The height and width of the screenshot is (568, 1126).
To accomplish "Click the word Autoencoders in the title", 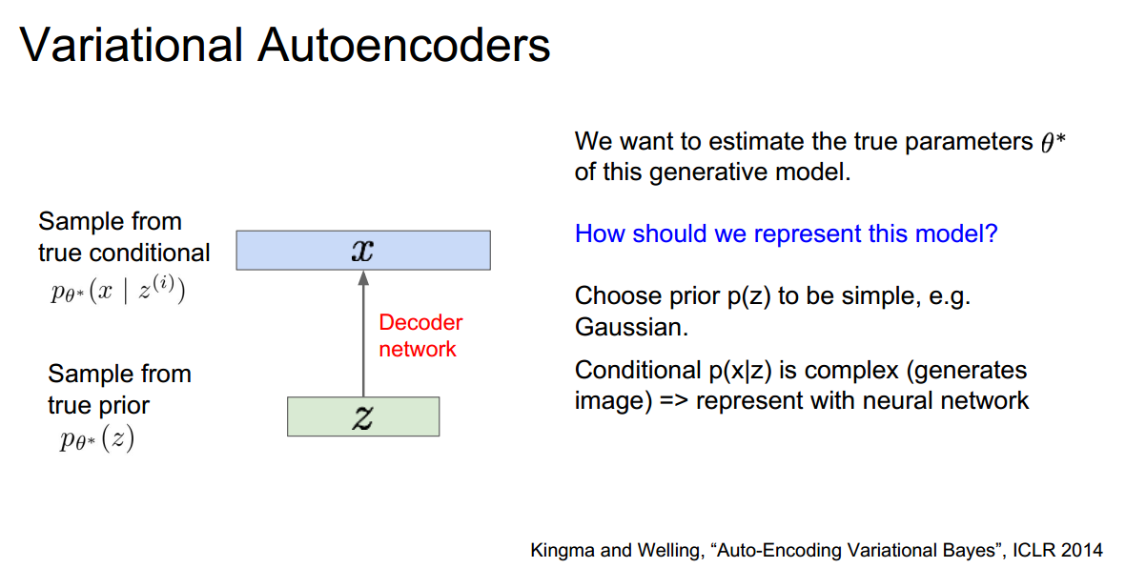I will (404, 45).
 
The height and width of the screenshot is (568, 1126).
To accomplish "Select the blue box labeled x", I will (363, 251).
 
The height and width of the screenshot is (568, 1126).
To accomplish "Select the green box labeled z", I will (363, 416).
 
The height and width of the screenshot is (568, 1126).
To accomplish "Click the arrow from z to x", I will (363, 334).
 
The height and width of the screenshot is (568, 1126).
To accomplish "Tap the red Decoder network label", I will (420, 335).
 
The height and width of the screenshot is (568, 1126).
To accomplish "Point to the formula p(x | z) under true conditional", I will (117, 290).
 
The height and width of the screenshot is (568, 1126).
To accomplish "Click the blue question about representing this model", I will (786, 233).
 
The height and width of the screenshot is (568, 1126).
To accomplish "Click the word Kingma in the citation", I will (560, 550).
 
